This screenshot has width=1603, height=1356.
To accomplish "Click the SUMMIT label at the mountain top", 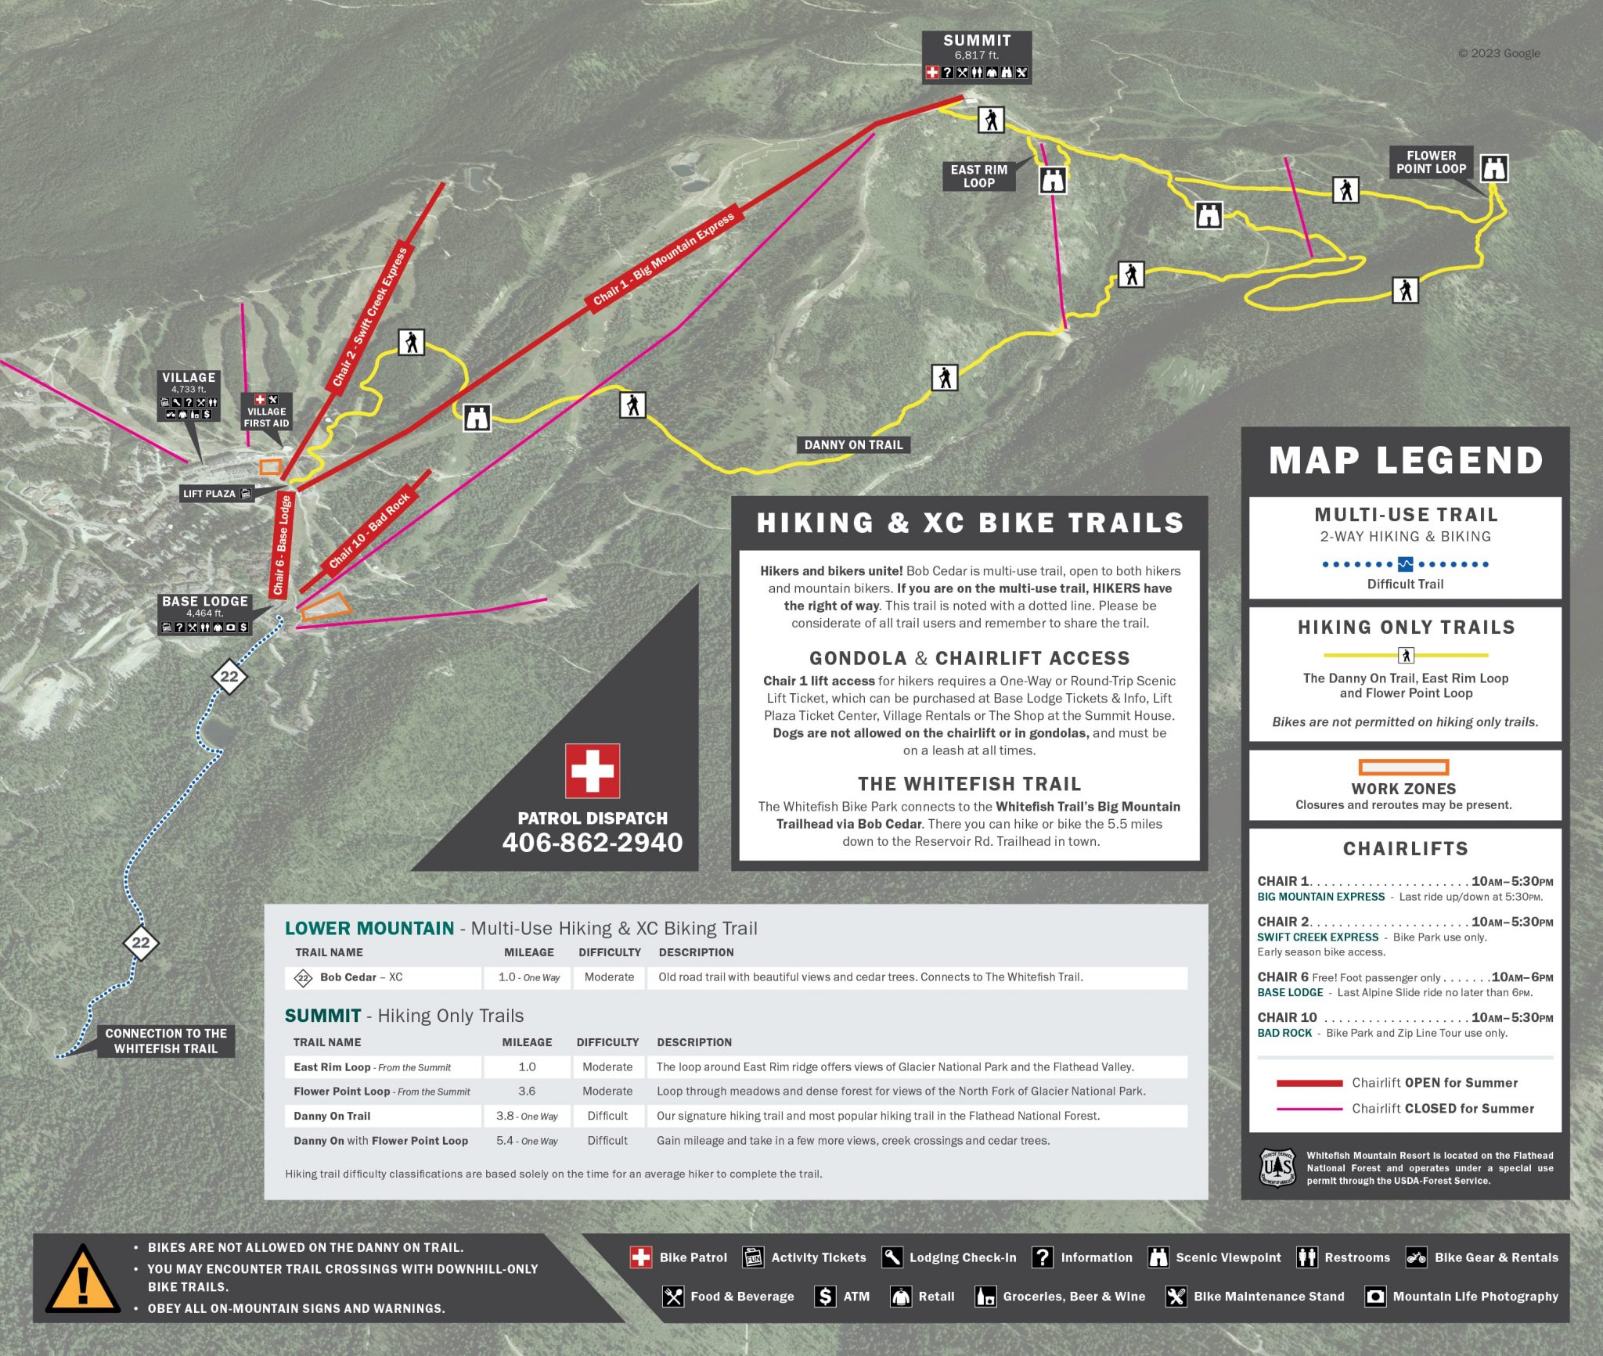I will click(976, 41).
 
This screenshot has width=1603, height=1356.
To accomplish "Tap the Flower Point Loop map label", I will click(1431, 162).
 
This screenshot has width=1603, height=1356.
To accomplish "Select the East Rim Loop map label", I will click(978, 176).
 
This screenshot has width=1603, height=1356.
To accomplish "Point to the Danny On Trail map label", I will click(853, 445).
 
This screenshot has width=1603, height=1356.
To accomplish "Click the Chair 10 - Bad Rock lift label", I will click(369, 531).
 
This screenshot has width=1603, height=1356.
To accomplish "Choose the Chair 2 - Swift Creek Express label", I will click(370, 316).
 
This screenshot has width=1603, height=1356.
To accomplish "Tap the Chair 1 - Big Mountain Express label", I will click(664, 258).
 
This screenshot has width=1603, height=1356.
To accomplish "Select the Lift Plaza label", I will click(209, 494).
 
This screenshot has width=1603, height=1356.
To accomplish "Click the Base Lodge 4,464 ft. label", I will click(205, 607).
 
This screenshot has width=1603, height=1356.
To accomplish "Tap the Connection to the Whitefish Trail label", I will click(166, 1041).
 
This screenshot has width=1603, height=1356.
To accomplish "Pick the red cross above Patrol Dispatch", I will click(593, 770).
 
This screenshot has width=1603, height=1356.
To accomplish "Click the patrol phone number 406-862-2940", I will click(593, 843).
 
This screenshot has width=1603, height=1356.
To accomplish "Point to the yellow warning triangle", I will click(82, 1280).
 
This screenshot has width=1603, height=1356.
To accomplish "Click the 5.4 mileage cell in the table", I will click(526, 1141).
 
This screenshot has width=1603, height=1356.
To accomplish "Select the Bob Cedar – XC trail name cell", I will click(361, 977).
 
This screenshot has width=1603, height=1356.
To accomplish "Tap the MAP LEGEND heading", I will click(1406, 460).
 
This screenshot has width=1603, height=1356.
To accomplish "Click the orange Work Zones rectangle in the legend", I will click(1403, 767).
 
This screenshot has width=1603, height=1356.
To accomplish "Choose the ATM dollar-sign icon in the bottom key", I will click(825, 1297).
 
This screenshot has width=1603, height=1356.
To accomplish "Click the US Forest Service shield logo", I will click(1277, 1167).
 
